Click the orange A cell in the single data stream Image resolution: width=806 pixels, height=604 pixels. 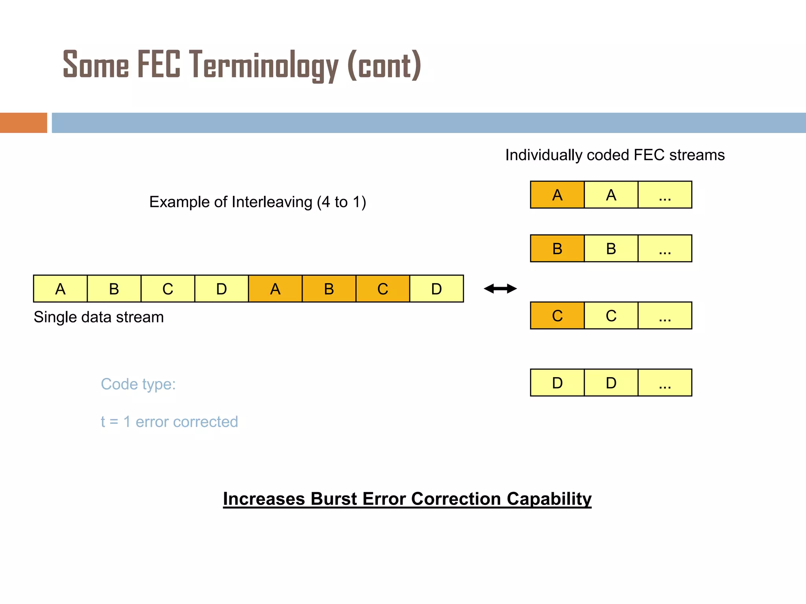(275, 289)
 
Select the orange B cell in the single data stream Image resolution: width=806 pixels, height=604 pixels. (329, 289)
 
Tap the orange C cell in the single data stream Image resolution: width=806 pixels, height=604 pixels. (383, 289)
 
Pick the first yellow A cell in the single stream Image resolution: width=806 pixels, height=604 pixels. (60, 289)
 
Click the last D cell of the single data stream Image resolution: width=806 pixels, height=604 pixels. (436, 289)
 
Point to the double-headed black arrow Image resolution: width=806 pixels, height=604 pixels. (500, 289)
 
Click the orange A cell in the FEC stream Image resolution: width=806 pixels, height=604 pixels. (557, 195)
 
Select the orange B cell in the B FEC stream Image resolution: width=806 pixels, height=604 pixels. (557, 249)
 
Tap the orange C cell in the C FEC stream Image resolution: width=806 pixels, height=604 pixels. (557, 315)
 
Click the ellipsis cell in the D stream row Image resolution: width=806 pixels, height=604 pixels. (665, 383)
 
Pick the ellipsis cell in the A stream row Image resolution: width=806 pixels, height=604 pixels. (665, 195)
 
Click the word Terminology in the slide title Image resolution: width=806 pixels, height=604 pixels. (264, 65)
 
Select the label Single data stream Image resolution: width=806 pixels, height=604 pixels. (98, 317)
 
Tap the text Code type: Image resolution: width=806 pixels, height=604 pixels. (138, 384)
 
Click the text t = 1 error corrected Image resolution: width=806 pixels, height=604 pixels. (169, 422)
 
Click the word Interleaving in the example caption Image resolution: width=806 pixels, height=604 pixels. (272, 202)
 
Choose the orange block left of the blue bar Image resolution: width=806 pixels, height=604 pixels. (23, 123)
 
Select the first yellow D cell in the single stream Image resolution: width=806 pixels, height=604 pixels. (222, 289)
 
